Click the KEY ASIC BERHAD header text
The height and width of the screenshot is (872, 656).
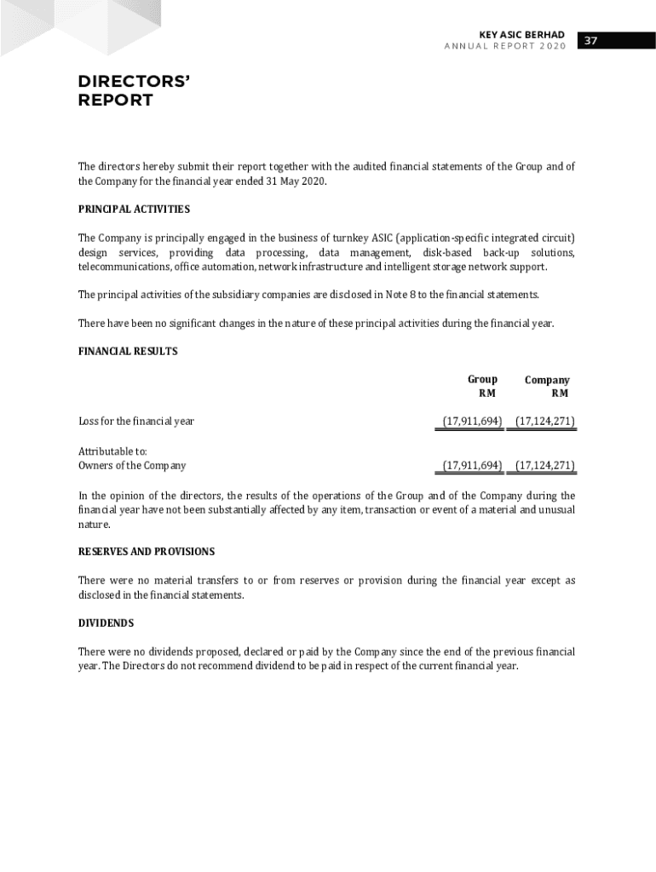521,35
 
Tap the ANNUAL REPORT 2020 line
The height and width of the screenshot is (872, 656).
504,46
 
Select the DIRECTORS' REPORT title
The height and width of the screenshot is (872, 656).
133,91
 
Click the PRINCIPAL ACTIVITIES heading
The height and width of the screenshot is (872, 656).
134,209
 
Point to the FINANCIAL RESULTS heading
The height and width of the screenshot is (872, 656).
128,351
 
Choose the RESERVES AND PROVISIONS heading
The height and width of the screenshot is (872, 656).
147,552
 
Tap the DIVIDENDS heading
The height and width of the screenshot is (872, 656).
106,623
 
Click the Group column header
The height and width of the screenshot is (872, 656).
482,380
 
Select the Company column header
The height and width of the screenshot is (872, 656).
547,380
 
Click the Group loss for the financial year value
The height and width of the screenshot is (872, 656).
472,422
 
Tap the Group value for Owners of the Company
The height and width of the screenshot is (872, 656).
472,466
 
